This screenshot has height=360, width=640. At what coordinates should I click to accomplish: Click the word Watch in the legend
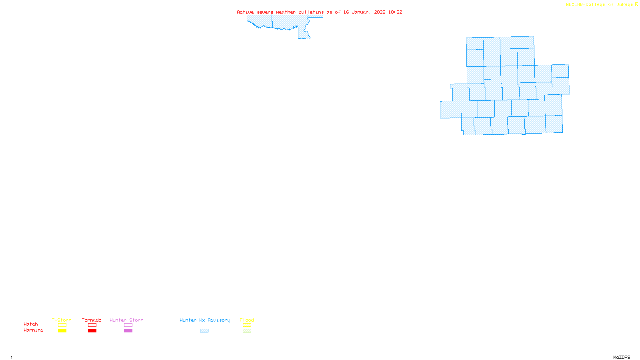31,324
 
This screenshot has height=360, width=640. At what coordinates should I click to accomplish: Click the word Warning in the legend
33,330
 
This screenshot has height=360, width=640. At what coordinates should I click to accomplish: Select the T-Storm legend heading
62,320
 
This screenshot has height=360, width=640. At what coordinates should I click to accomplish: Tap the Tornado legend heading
92,320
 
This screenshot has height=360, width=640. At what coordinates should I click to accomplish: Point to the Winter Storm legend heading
126,320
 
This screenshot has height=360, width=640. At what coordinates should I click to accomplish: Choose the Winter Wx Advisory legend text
205,320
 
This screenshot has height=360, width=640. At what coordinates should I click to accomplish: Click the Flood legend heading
247,320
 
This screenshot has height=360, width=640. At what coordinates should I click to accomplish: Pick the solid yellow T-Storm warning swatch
62,331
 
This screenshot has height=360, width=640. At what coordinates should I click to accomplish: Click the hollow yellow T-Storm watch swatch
62,325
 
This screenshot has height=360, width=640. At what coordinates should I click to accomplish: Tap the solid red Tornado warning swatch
92,331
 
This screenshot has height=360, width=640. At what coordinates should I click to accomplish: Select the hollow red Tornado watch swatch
92,325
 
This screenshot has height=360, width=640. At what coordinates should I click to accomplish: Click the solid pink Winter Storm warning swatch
128,331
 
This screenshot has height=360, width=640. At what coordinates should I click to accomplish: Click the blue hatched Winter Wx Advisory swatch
204,331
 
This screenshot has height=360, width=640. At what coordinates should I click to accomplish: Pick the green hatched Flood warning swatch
247,331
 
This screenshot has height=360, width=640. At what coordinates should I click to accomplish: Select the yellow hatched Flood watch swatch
247,325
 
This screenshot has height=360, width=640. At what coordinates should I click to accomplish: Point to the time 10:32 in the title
395,12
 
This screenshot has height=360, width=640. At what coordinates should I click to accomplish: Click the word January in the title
362,12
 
